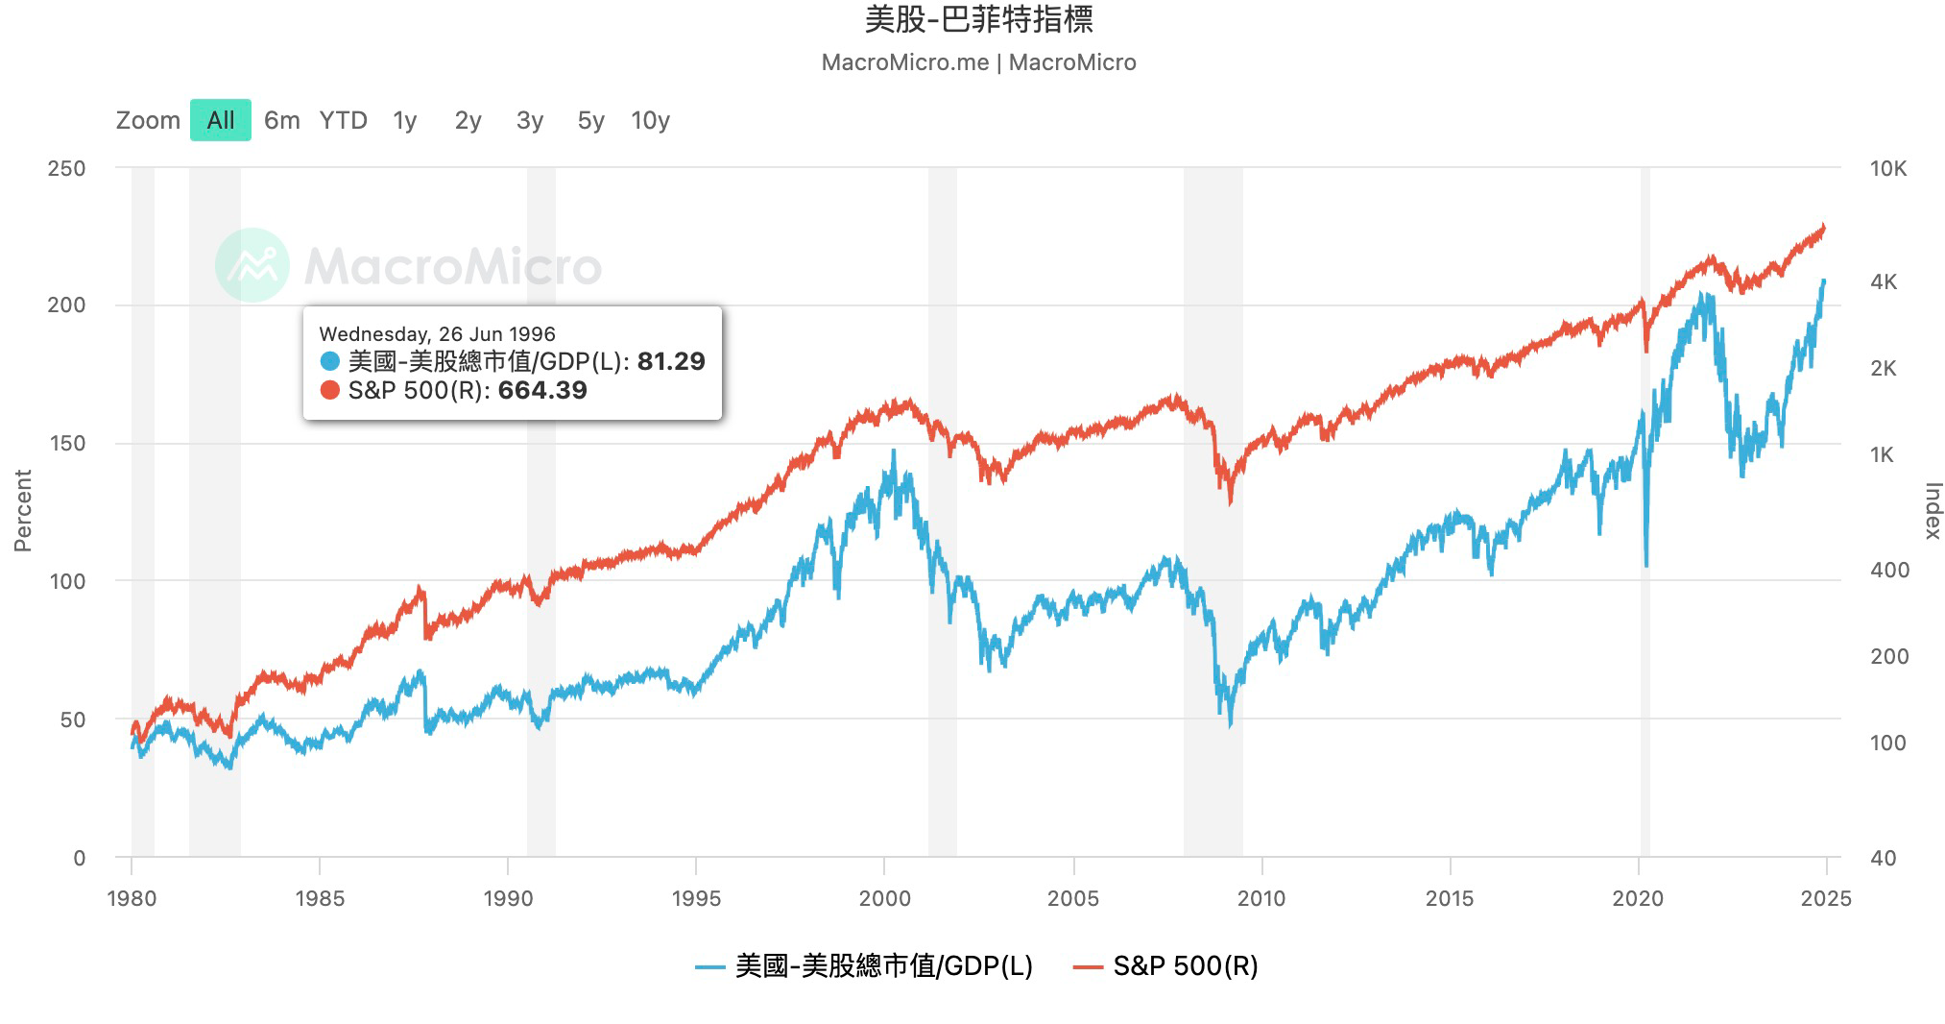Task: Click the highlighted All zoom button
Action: click(220, 120)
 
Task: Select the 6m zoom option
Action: click(281, 120)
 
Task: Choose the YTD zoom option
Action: click(343, 120)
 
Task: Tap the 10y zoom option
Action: click(650, 120)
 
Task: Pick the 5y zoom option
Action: click(590, 120)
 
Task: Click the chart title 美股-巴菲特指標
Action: click(978, 19)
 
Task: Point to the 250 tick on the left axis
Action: click(66, 168)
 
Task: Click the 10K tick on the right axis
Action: click(1887, 169)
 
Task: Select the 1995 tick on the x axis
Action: click(696, 898)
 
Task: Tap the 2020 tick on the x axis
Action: click(1638, 898)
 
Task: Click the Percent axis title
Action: click(23, 510)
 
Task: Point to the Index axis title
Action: click(1933, 510)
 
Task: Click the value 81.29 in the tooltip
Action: click(671, 361)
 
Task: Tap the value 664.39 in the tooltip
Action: click(542, 390)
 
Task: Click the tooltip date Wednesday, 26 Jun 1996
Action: click(437, 334)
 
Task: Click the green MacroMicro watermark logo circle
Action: click(252, 265)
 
